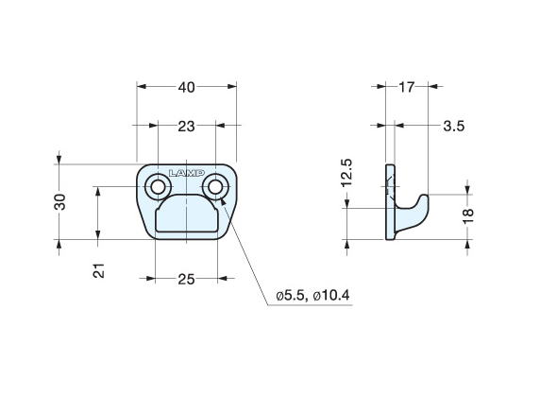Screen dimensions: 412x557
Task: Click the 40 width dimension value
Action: tap(186, 87)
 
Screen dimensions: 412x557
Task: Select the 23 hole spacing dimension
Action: tap(185, 125)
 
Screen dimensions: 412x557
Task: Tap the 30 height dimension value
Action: tap(60, 201)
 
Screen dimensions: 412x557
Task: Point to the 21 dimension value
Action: tap(98, 270)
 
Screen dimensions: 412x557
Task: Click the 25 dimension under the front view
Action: tap(185, 279)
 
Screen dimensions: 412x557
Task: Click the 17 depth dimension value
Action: tap(407, 87)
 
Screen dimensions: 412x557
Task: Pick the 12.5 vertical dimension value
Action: tap(346, 174)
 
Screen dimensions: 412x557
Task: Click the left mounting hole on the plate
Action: tap(155, 187)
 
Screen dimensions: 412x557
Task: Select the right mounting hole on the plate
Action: tap(217, 187)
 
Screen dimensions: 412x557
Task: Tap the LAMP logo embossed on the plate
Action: tap(186, 173)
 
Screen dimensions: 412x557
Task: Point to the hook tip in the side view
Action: tap(425, 197)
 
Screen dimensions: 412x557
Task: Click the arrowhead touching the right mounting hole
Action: tap(223, 199)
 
